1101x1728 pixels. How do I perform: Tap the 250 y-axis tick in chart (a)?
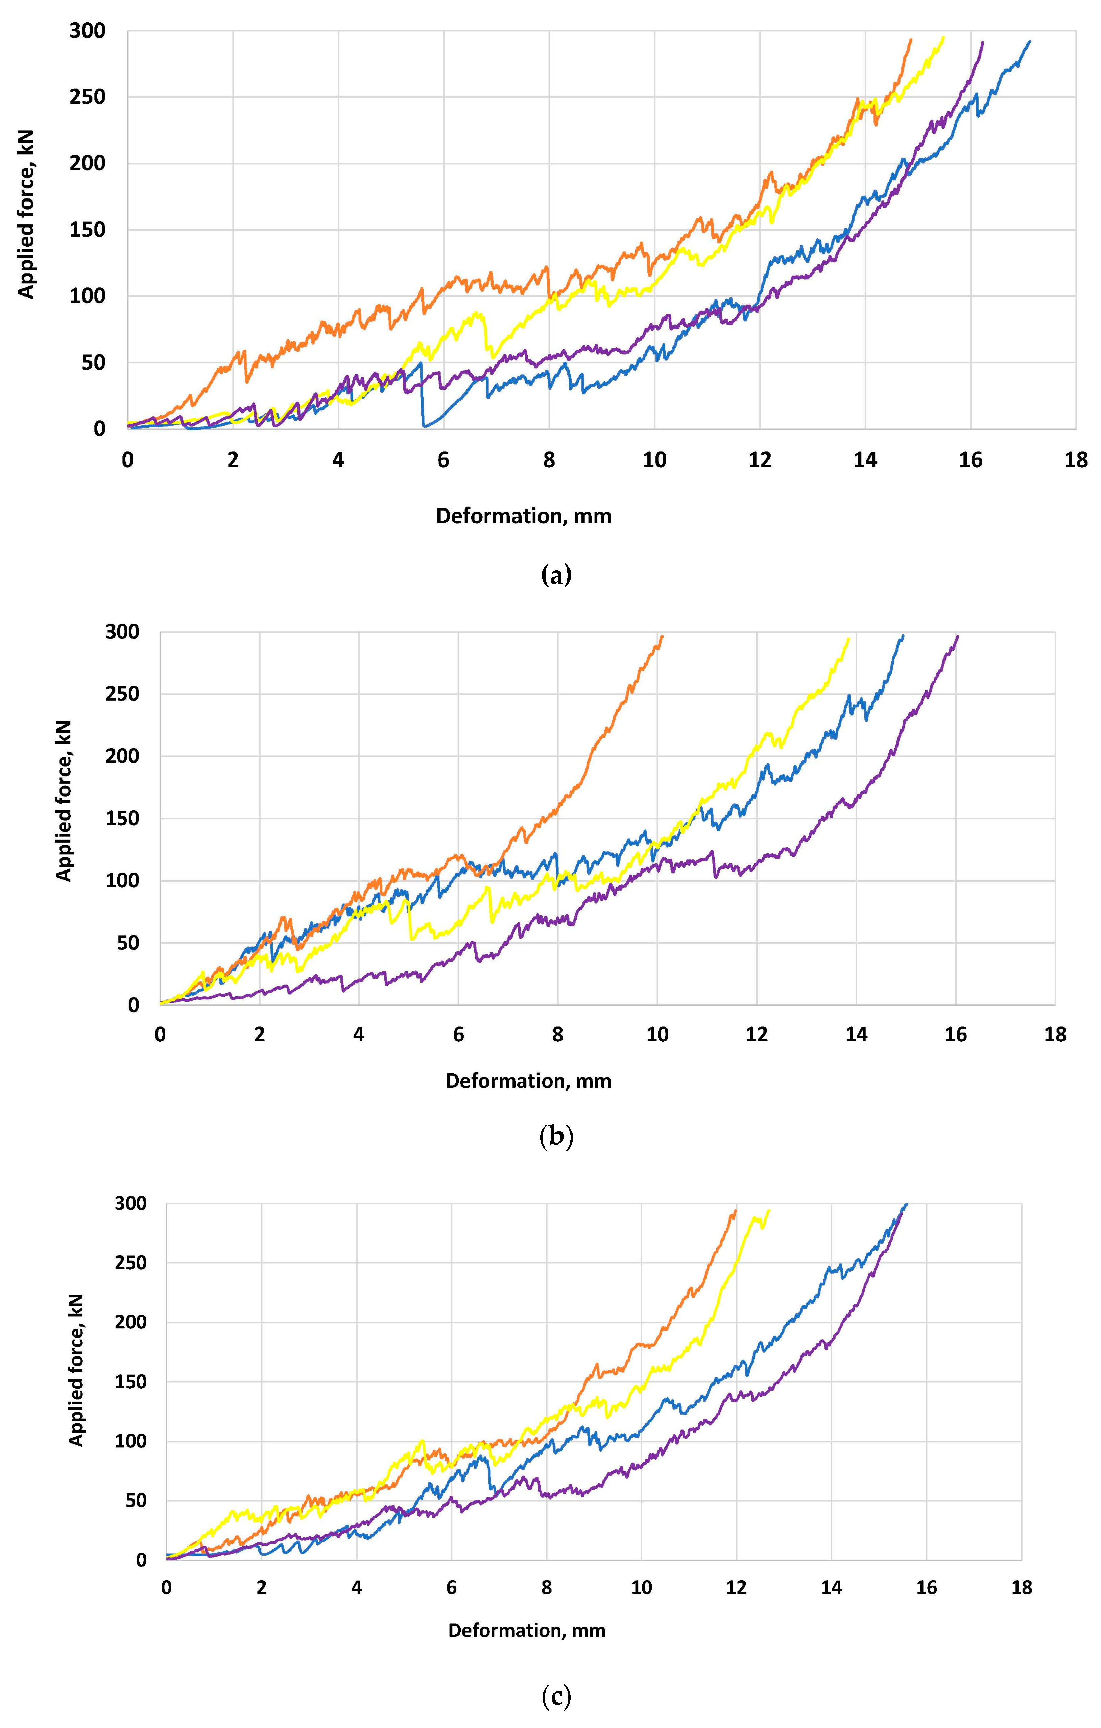point(88,97)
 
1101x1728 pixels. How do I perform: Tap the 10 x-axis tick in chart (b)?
point(657,1035)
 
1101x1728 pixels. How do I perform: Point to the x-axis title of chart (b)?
point(529,1081)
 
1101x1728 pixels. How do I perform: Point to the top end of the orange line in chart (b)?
point(662,636)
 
